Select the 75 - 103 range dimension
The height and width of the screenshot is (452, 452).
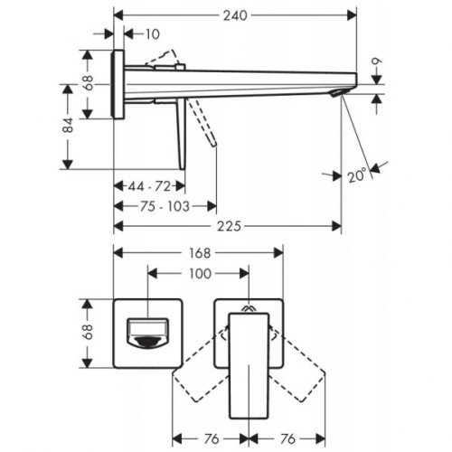pyautogui.click(x=165, y=206)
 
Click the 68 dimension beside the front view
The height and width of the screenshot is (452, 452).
pyautogui.click(x=88, y=333)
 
